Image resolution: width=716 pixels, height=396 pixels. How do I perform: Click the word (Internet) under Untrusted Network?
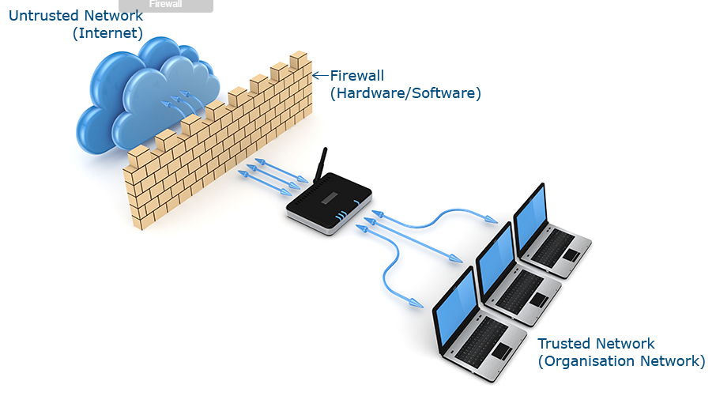coord(107,33)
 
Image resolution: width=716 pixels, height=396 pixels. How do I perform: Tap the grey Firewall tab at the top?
coord(165,5)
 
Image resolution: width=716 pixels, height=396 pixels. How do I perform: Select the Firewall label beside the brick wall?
coord(357,76)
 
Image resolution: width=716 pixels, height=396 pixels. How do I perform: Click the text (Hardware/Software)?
coord(405,93)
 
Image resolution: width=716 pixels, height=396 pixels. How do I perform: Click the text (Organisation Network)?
coord(621,361)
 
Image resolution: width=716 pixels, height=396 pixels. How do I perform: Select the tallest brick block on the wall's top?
coord(299,61)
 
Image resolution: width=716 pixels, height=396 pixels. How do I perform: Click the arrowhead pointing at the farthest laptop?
coord(492,218)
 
